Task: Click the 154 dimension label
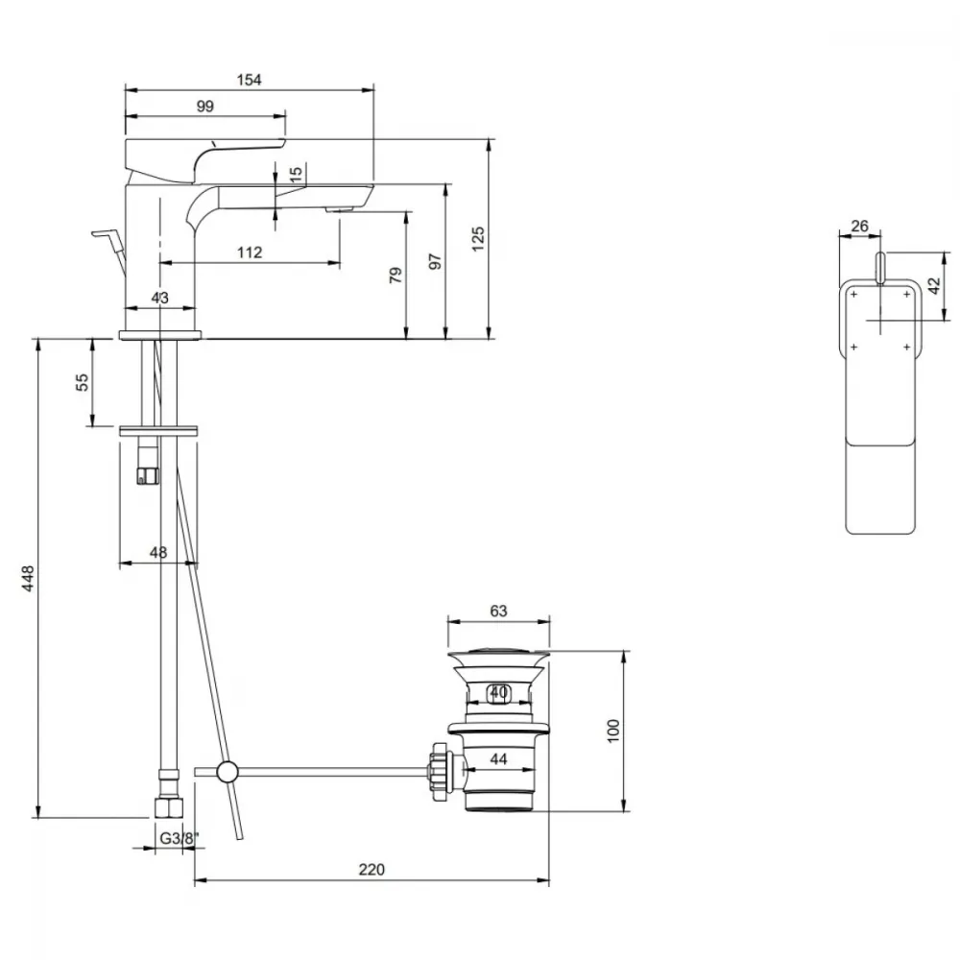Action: click(x=250, y=80)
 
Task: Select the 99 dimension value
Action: click(x=205, y=106)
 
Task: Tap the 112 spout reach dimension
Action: click(x=250, y=252)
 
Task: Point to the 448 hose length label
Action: click(x=28, y=579)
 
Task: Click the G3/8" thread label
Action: click(x=180, y=838)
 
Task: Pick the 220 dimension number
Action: click(x=372, y=870)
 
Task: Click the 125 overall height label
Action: click(x=478, y=239)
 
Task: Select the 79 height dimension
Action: click(x=396, y=275)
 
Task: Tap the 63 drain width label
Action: click(x=499, y=611)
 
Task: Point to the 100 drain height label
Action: click(x=612, y=731)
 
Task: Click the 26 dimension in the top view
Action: click(x=859, y=226)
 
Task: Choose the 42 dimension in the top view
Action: click(x=934, y=286)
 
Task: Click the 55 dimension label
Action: click(x=82, y=383)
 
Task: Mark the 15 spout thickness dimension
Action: click(x=296, y=173)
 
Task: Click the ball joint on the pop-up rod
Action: click(x=227, y=772)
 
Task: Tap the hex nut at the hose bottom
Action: click(x=168, y=808)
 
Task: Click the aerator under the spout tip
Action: click(x=341, y=209)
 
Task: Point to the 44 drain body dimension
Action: click(x=499, y=759)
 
